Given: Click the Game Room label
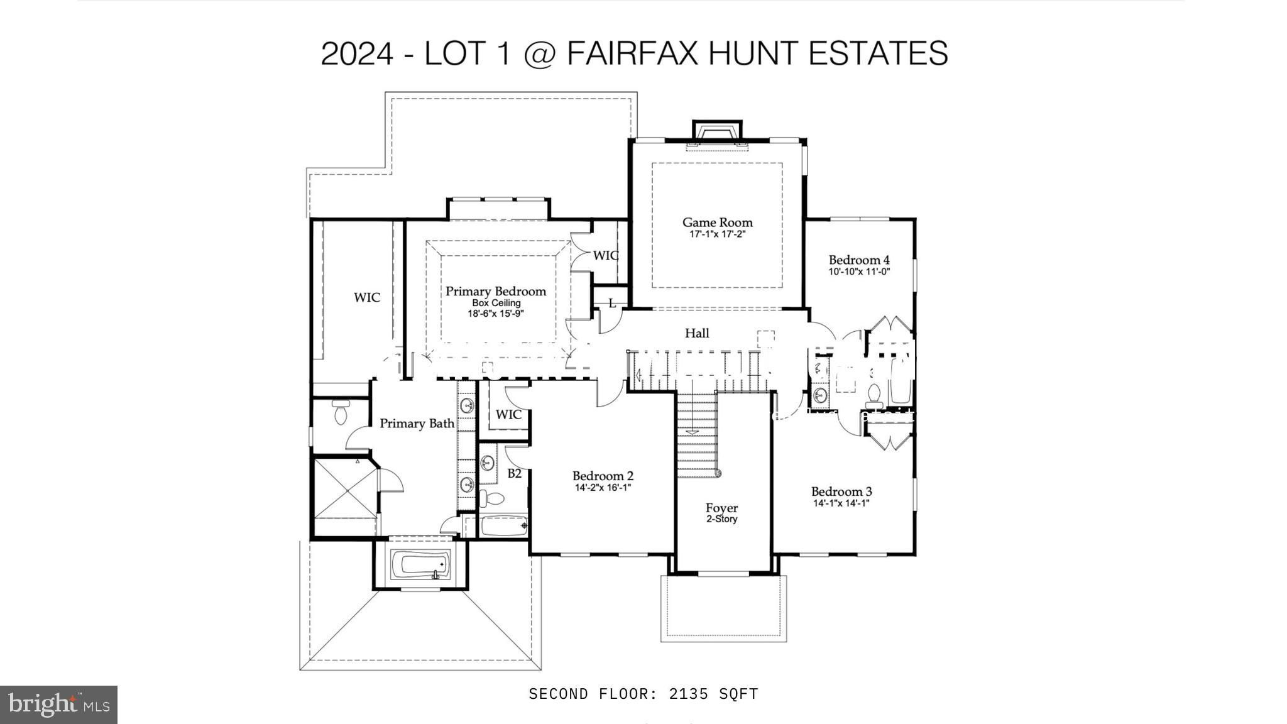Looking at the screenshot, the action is click(x=717, y=222).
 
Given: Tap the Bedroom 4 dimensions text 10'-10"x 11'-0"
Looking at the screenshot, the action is click(x=859, y=272).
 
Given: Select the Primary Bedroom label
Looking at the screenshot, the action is click(x=496, y=291).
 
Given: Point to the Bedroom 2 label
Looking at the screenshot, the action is click(x=603, y=476).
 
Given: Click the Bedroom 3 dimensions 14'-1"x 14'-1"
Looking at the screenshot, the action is click(x=841, y=503).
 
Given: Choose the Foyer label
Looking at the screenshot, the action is click(x=721, y=508).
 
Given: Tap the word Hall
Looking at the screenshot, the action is click(x=697, y=333).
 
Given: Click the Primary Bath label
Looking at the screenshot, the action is click(x=417, y=424).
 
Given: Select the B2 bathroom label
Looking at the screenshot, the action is click(x=514, y=473).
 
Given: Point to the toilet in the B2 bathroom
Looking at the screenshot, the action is click(x=492, y=499).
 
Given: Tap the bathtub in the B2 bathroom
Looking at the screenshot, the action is click(x=504, y=525).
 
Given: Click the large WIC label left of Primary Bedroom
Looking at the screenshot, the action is click(x=366, y=297).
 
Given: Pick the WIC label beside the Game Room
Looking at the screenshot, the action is click(x=606, y=256).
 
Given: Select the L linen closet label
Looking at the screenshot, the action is click(x=612, y=304).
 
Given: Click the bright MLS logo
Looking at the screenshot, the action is click(x=58, y=705).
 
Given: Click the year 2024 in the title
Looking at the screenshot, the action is click(x=357, y=53).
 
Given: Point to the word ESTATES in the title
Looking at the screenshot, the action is click(x=878, y=53).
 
